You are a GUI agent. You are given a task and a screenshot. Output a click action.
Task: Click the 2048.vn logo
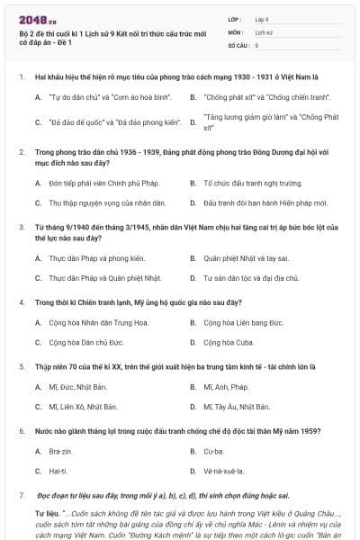(37, 19)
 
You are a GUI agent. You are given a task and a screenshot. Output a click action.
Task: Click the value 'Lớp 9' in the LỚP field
(263, 18)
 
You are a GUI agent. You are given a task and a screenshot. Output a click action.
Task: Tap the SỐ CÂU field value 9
(257, 44)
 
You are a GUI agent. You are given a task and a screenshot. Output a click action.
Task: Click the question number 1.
(21, 77)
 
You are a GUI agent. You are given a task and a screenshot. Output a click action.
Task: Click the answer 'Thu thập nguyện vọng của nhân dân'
(100, 203)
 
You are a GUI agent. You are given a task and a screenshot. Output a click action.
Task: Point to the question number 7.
(21, 496)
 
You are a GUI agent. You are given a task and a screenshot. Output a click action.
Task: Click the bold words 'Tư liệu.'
(47, 513)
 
